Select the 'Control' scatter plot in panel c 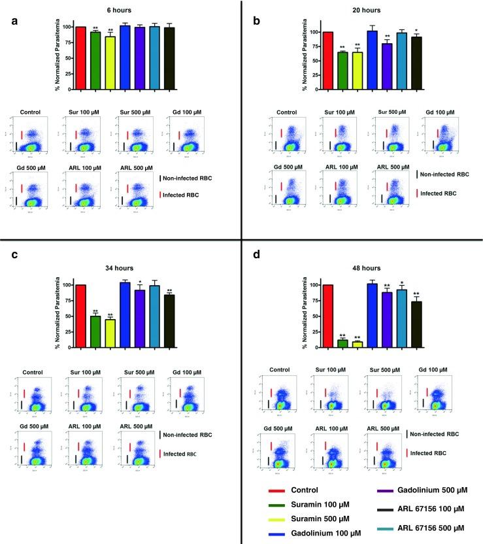34,403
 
